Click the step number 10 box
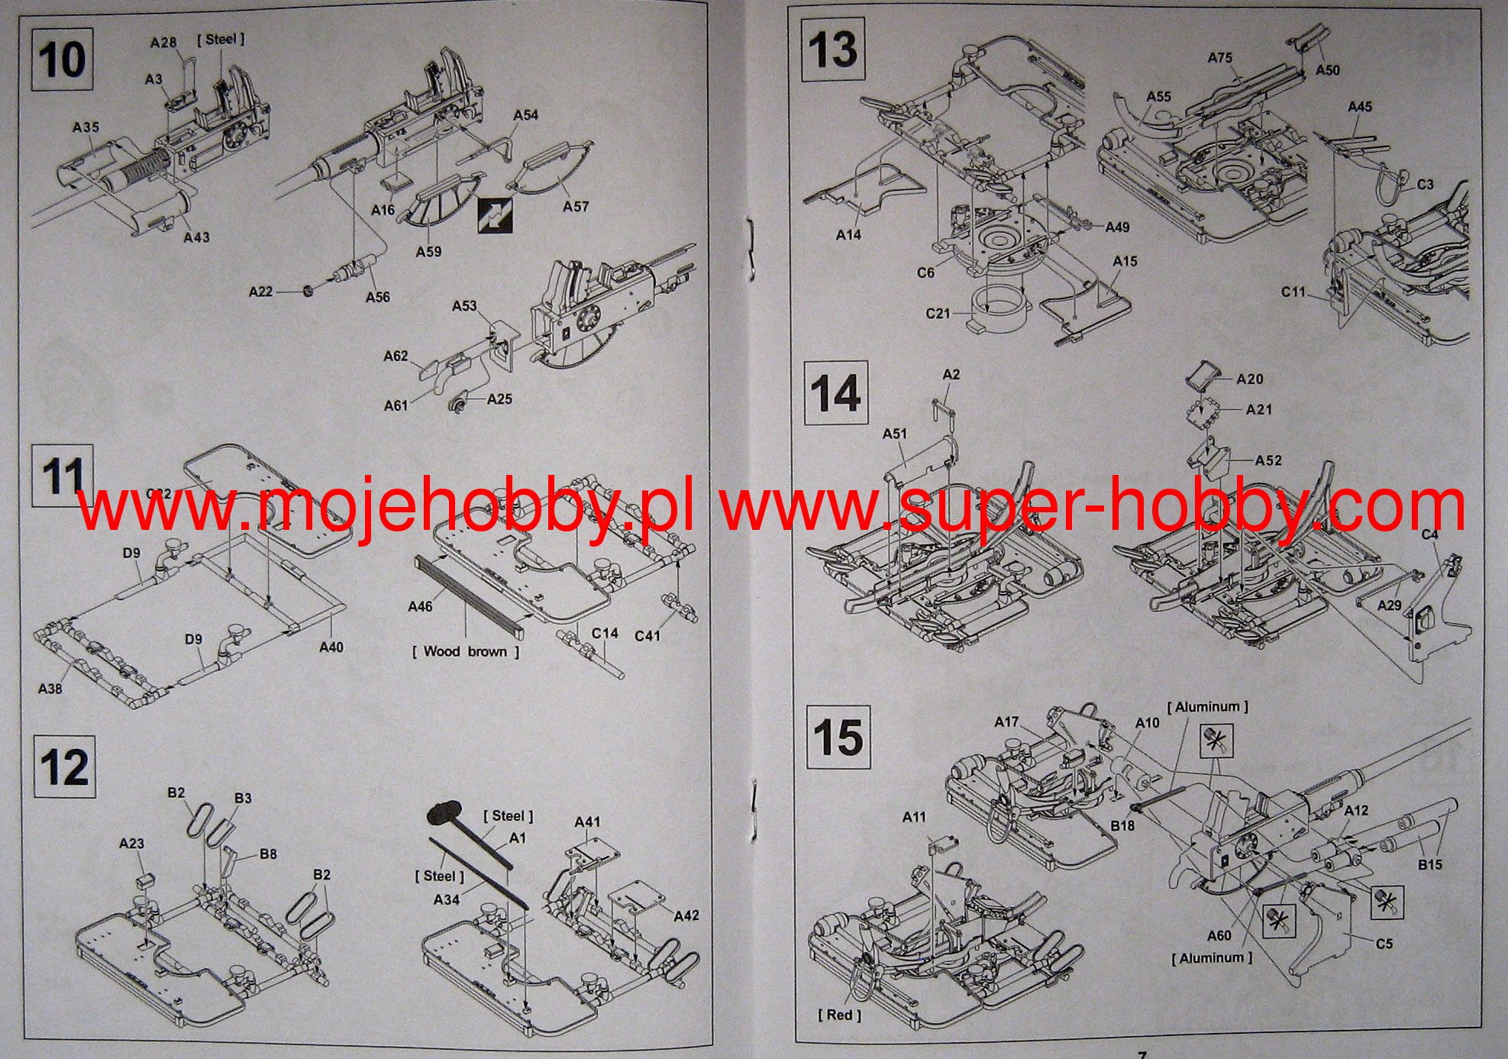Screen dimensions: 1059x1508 click(62, 59)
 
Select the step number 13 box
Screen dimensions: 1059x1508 click(832, 50)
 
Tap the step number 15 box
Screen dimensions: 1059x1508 click(838, 737)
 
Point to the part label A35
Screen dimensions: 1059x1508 click(86, 128)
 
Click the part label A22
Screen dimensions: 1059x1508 click(260, 291)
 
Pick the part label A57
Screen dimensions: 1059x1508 click(576, 206)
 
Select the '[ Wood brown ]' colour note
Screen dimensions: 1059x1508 click(466, 651)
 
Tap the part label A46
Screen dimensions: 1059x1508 click(420, 606)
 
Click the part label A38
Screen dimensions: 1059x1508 click(50, 689)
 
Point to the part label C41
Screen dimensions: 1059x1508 click(647, 635)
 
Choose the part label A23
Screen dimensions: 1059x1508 click(131, 843)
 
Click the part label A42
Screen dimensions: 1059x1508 click(686, 915)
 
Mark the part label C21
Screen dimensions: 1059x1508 click(938, 313)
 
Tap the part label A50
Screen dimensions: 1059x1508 click(1327, 69)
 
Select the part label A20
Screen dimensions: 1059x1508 click(1249, 379)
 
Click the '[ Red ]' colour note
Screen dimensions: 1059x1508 click(839, 1015)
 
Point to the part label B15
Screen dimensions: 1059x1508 click(1430, 864)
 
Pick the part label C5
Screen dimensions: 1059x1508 click(1384, 944)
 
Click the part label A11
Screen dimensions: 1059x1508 click(914, 817)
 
